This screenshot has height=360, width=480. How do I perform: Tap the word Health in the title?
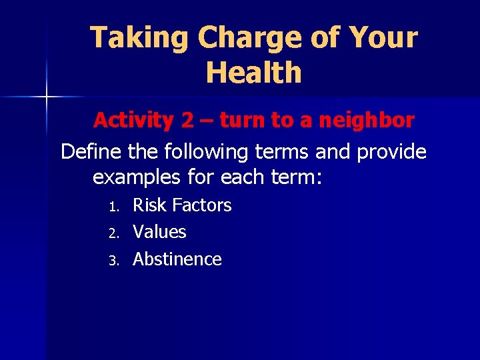253,72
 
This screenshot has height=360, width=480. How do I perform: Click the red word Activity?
133,121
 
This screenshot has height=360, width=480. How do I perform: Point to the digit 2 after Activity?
187,121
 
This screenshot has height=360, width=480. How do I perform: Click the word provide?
392,152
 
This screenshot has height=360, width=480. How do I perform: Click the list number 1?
113,206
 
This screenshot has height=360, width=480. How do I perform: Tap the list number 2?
113,233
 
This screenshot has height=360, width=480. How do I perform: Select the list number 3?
113,260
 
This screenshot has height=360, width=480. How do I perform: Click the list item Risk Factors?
182,205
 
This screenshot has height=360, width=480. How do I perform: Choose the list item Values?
159,232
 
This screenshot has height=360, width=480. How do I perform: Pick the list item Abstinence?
177,259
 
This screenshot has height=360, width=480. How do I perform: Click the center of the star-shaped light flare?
47,97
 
